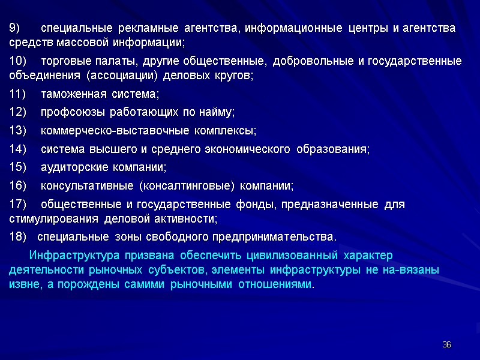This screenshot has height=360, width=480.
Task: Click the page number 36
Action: [x=446, y=344]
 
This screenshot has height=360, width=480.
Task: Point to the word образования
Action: [x=333, y=149]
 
